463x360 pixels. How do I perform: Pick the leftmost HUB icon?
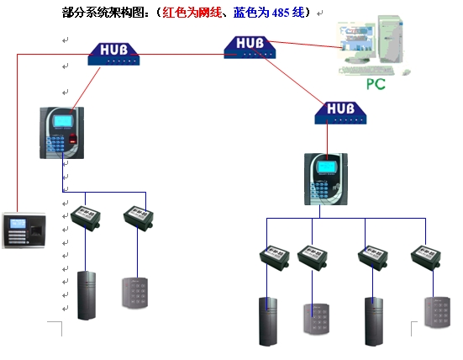pos(114,54)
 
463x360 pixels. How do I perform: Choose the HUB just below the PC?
pos(341,109)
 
